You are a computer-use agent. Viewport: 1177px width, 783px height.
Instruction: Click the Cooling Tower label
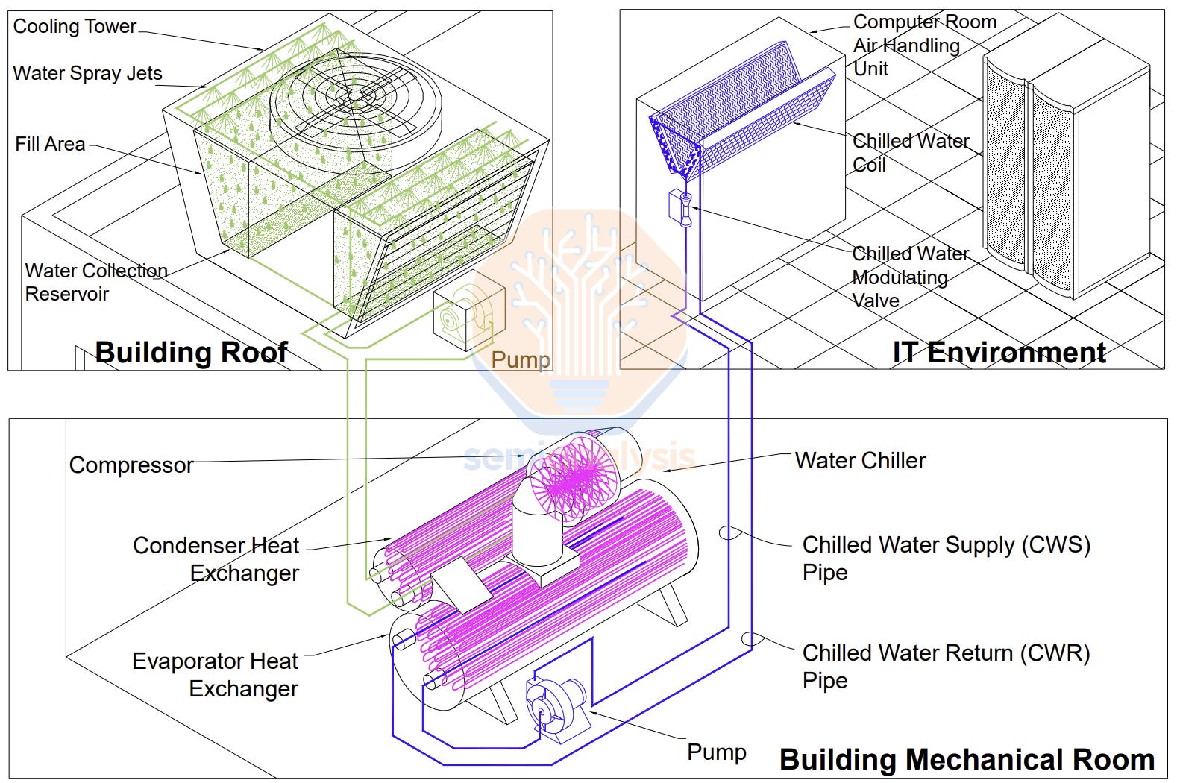(75, 26)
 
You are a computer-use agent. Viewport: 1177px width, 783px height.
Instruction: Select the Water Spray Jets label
(87, 73)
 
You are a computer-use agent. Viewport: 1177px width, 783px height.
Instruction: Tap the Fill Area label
(50, 144)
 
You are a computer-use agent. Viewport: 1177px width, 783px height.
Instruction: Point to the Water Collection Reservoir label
(95, 282)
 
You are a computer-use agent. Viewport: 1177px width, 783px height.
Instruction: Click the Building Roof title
(191, 352)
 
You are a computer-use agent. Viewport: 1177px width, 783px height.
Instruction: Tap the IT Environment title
(999, 352)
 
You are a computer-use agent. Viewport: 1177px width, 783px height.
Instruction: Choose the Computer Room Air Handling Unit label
(923, 45)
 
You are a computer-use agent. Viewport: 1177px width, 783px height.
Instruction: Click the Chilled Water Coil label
(910, 152)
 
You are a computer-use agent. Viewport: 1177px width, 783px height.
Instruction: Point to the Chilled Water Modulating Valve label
(910, 277)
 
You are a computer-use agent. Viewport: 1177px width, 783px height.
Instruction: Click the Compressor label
(131, 465)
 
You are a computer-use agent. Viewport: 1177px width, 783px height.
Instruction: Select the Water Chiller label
(860, 460)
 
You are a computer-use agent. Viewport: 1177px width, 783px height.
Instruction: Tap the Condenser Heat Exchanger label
(216, 559)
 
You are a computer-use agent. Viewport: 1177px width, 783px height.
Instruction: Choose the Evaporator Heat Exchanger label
(216, 674)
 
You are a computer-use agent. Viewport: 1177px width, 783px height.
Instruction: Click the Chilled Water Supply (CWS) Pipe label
(946, 557)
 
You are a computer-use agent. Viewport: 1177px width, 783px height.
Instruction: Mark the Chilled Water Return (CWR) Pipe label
(946, 665)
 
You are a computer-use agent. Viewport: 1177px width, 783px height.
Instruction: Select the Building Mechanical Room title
(967, 759)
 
